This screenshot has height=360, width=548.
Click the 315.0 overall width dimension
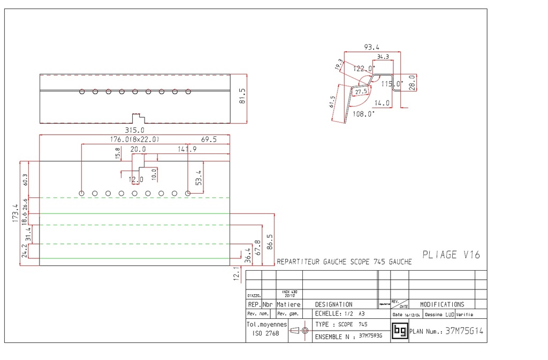click(x=135, y=130)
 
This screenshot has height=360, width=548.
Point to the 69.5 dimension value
click(x=209, y=140)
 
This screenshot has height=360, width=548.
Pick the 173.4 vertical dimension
click(x=16, y=213)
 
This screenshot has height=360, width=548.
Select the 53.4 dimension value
click(x=199, y=177)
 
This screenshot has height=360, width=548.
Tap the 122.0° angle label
click(x=364, y=68)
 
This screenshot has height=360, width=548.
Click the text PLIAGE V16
click(x=451, y=255)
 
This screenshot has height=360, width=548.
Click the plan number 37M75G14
click(x=464, y=331)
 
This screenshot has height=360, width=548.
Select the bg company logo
click(x=400, y=331)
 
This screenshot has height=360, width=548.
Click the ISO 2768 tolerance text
click(x=264, y=333)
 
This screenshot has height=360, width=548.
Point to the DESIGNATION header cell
click(x=333, y=304)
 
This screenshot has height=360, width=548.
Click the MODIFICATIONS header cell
click(x=442, y=304)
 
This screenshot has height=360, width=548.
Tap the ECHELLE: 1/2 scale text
click(x=334, y=314)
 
